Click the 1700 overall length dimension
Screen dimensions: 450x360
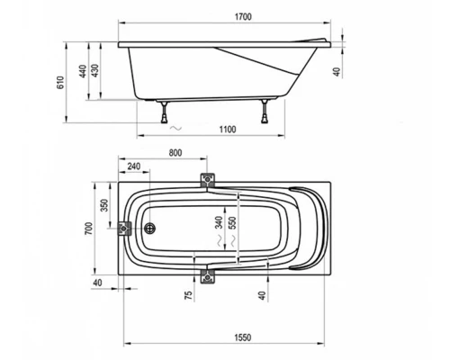[243, 17]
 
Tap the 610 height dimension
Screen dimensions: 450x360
[60, 83]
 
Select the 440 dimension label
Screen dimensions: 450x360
[83, 71]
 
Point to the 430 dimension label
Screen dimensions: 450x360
[94, 71]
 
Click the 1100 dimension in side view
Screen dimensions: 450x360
[228, 130]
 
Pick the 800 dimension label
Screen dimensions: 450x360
[175, 153]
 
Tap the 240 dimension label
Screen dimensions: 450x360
[134, 166]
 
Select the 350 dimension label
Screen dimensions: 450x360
[104, 205]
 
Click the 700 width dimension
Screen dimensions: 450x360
[89, 229]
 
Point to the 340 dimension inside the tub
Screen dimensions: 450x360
[220, 222]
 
